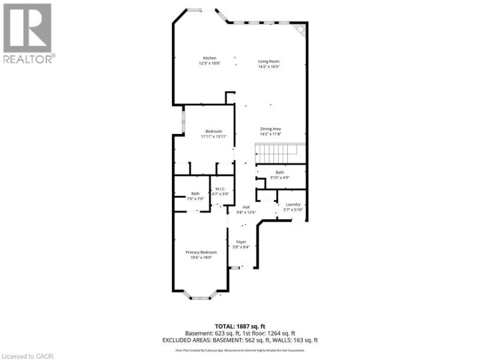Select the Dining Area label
(270, 129)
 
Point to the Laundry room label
(293, 204)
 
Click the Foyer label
(241, 241)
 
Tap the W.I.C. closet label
(221, 189)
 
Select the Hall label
(245, 207)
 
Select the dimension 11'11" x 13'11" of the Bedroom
(213, 137)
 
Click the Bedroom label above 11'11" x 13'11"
(213, 131)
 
